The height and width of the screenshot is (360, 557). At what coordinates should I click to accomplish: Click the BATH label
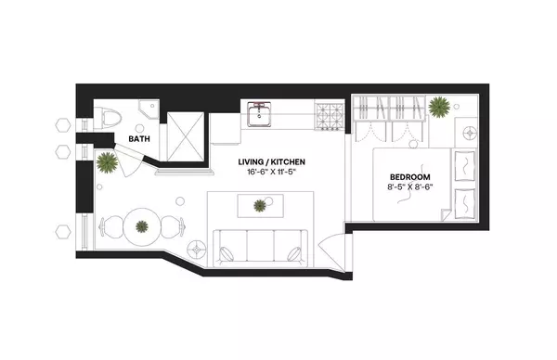pos(139,139)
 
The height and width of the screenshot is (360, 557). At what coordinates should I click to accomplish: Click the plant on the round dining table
pos(141,225)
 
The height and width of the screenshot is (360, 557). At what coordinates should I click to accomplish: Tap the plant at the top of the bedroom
pos(440,107)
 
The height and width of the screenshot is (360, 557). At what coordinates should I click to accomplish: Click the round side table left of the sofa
pos(197,249)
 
